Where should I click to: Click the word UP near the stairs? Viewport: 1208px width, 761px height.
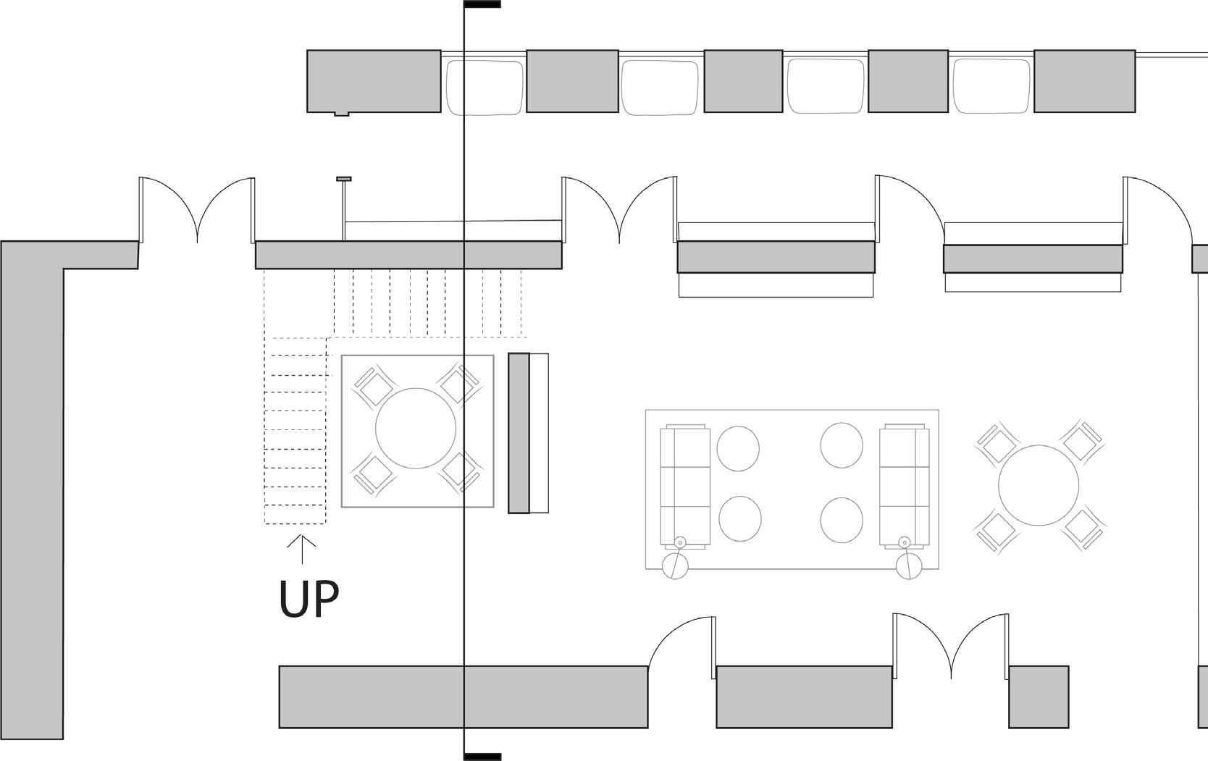[309, 599]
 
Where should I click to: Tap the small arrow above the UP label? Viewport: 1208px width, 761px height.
[302, 548]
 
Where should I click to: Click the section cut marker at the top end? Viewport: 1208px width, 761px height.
[482, 4]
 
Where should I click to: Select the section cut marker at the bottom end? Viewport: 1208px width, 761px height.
[482, 757]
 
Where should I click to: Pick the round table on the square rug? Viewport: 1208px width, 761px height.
[416, 428]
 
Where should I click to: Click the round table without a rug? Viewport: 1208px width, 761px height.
[1038, 485]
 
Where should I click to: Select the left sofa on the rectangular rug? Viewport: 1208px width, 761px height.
[684, 486]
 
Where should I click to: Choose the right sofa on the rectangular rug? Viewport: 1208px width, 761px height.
[905, 486]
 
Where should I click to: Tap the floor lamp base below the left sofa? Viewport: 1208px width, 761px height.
[676, 565]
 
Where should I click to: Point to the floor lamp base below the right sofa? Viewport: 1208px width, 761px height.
[909, 565]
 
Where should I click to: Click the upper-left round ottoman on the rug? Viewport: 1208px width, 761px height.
[738, 449]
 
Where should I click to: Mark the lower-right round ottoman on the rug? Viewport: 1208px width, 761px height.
[842, 519]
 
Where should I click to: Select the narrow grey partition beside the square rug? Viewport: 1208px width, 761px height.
[519, 433]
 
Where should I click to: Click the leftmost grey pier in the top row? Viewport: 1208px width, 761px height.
[374, 81]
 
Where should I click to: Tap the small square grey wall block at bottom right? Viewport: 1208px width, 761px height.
[1039, 697]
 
